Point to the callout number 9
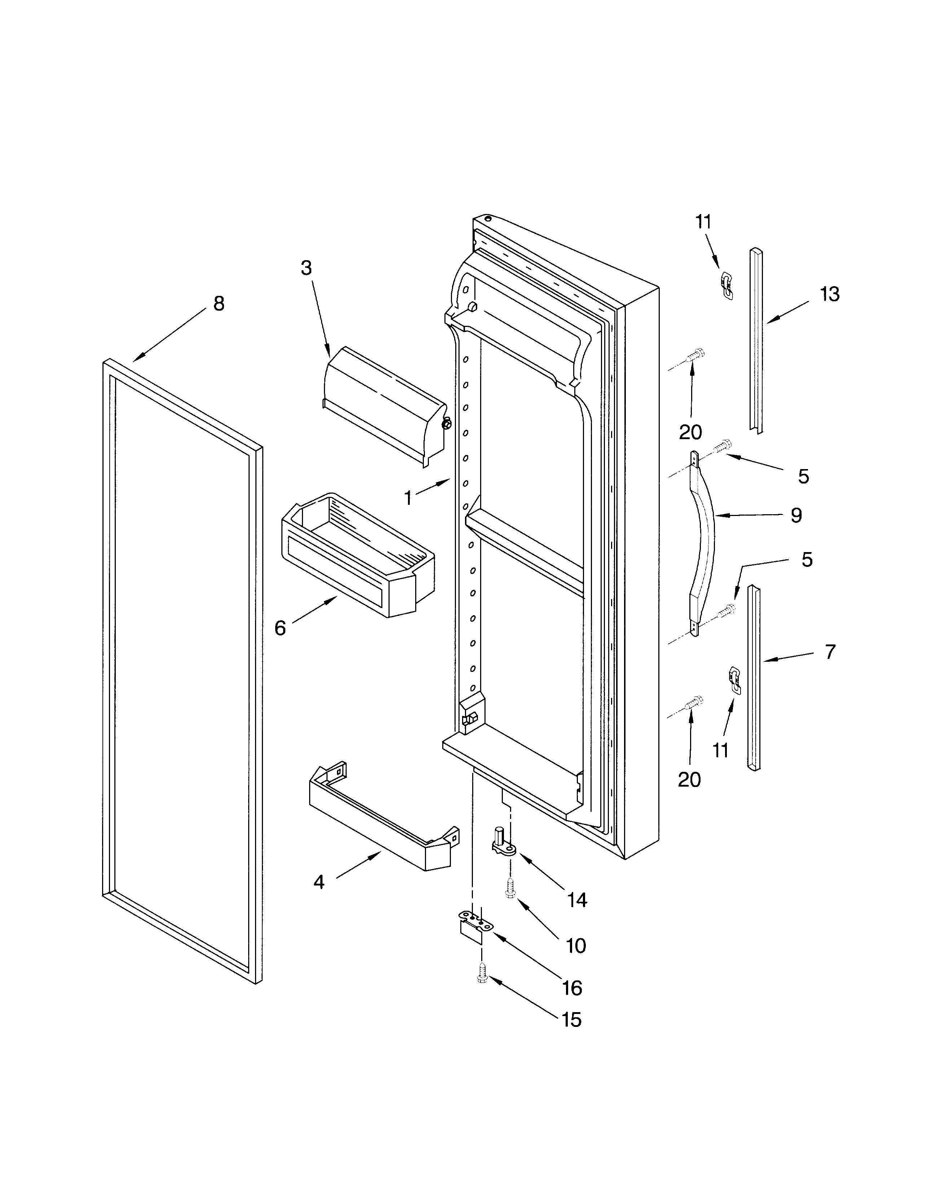pos(796,515)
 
